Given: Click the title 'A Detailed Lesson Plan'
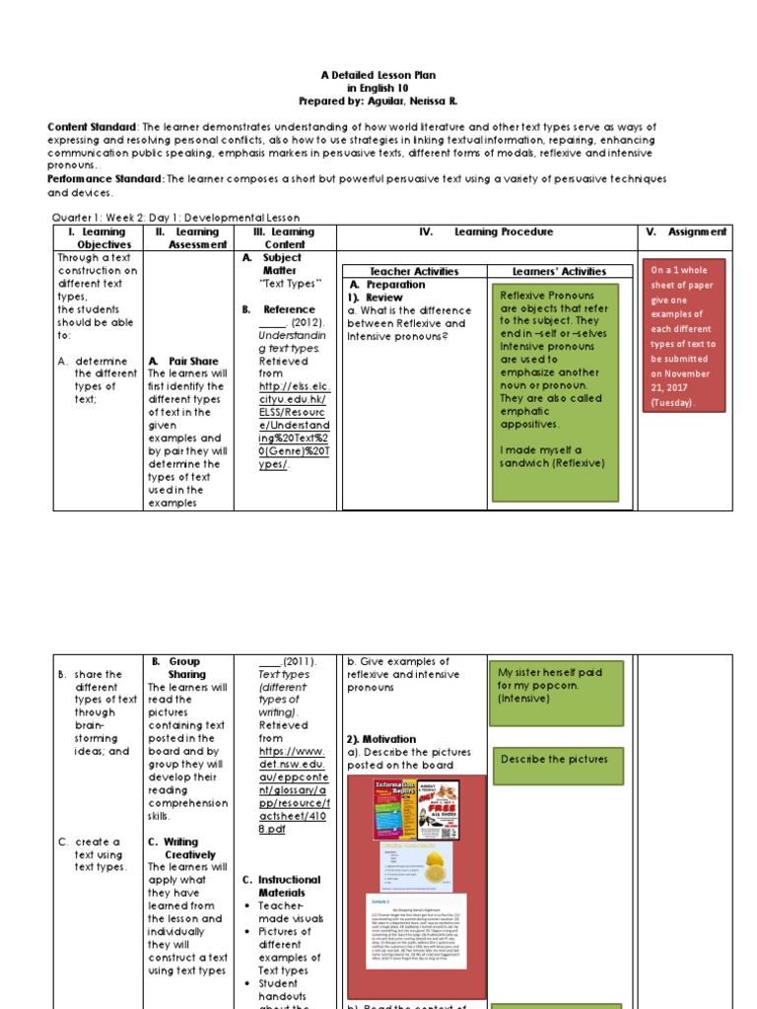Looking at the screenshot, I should (378, 75).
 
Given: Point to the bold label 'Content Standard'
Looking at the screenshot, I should (92, 127).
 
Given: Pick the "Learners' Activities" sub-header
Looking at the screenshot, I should (559, 271).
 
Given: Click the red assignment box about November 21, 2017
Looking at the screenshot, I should (685, 335).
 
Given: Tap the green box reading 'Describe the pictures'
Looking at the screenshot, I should (558, 760).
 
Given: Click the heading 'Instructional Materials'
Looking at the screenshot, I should (281, 886).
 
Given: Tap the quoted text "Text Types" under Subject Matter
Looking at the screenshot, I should (290, 284).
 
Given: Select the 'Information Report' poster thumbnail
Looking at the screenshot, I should (394, 810).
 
